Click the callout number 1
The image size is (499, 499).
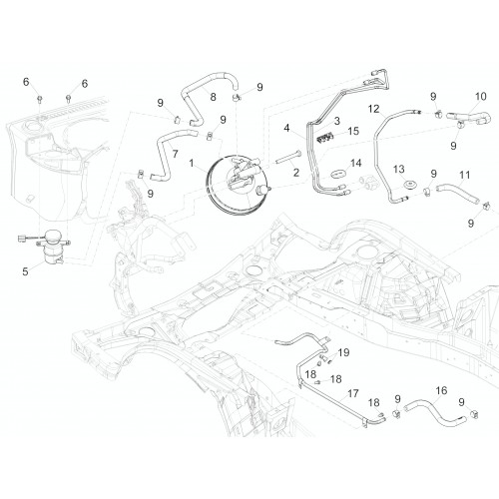pyautogui.click(x=192, y=163)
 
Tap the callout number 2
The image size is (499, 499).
pyautogui.click(x=296, y=173)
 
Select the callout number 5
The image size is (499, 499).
pyautogui.click(x=25, y=271)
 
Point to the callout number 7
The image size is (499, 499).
pyautogui.click(x=175, y=154)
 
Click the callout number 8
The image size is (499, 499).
pyautogui.click(x=213, y=97)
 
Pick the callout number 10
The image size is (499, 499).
pyautogui.click(x=481, y=97)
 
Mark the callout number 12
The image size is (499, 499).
pyautogui.click(x=374, y=109)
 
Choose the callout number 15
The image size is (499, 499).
pyautogui.click(x=353, y=131)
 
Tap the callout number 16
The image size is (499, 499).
pyautogui.click(x=441, y=390)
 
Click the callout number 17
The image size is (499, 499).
pyautogui.click(x=353, y=393)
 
